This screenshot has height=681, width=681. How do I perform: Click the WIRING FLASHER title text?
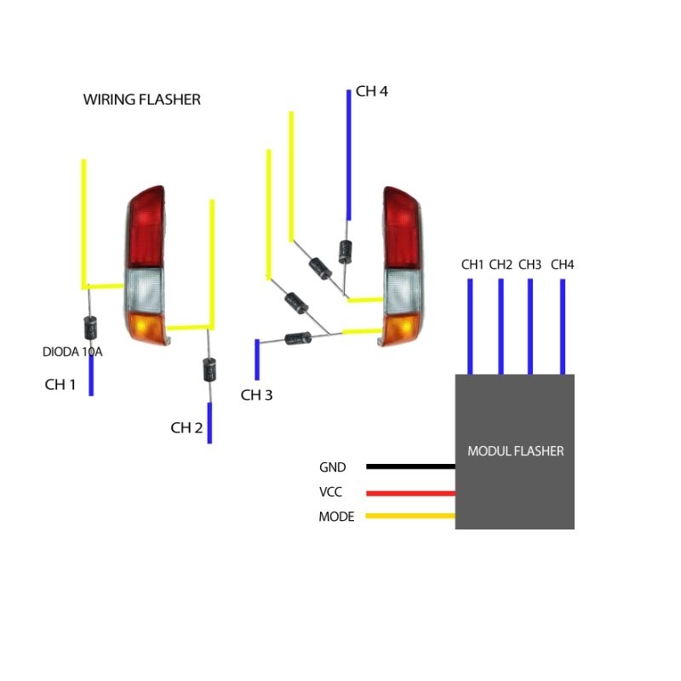[x=141, y=100]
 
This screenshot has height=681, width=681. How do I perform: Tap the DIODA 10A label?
[x=72, y=351]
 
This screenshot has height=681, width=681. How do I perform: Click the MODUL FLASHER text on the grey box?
[x=515, y=451]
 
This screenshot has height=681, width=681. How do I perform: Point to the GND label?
[x=333, y=467]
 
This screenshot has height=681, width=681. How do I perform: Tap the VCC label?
[x=333, y=492]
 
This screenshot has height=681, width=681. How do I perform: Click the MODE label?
[x=336, y=517]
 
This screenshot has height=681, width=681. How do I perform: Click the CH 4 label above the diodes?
[x=372, y=91]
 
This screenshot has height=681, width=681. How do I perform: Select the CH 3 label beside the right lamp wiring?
[x=256, y=395]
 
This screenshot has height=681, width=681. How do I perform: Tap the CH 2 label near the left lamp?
[x=186, y=428]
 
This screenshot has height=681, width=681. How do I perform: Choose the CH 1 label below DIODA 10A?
[x=60, y=385]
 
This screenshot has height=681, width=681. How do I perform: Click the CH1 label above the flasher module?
[x=472, y=265]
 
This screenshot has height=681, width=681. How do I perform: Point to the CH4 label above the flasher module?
[x=563, y=265]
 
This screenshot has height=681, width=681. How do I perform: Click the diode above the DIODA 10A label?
[x=89, y=326]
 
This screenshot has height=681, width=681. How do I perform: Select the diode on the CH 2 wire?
[x=209, y=369]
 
